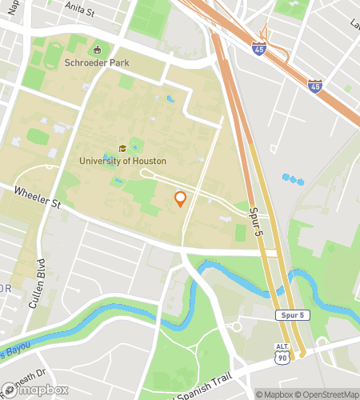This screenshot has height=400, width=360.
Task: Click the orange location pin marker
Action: (180, 199)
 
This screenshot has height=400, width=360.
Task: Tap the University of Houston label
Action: (122, 161)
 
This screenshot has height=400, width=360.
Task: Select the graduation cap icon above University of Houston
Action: (122, 148)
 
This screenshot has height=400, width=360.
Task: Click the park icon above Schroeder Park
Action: (98, 50)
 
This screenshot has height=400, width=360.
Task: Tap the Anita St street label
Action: (79, 12)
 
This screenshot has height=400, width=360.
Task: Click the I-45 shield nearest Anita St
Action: (258, 49)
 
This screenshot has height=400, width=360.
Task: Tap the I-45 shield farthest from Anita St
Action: (316, 84)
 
